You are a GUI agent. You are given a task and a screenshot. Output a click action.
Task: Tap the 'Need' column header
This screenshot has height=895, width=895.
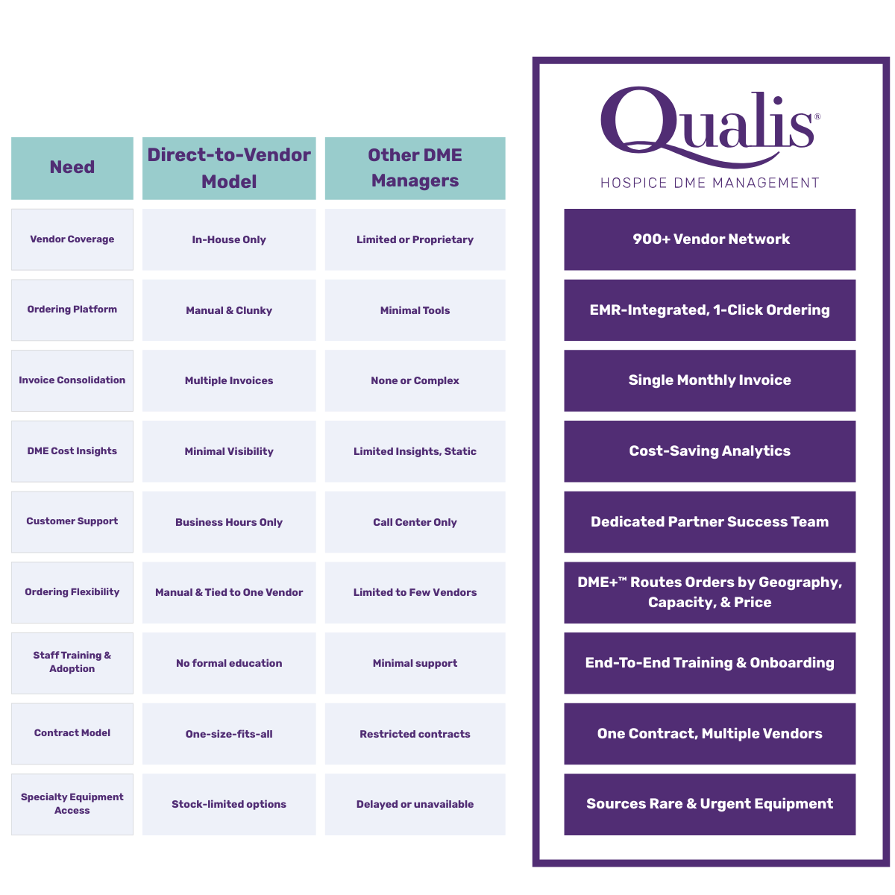[x=72, y=167]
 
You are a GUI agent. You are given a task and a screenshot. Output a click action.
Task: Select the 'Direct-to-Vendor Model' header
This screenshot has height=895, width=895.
[x=229, y=168]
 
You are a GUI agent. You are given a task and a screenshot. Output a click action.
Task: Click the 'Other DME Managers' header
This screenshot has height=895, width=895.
[x=415, y=168]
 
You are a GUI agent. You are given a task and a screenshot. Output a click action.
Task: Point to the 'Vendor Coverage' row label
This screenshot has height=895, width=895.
[x=72, y=239]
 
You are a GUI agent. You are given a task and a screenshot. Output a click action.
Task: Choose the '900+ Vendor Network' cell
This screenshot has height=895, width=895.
[x=710, y=239]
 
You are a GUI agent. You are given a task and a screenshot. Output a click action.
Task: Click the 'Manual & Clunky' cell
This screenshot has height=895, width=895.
[x=229, y=310]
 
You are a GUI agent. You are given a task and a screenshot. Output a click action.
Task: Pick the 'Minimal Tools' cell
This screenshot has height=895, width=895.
[x=415, y=310]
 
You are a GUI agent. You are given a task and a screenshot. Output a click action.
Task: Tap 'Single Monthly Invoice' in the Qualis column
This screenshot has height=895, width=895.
[x=710, y=380]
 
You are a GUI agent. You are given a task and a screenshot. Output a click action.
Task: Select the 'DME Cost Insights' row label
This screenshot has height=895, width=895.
[x=72, y=451]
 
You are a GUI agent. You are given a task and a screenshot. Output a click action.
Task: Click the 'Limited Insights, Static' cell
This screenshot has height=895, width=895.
[x=415, y=451]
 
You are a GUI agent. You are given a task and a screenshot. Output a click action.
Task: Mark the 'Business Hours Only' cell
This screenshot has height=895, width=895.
[x=229, y=522]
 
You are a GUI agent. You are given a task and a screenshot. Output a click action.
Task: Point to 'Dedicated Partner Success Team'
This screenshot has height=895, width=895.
[x=710, y=522]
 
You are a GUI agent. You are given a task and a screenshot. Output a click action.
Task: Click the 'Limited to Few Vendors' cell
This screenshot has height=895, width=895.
[x=415, y=592]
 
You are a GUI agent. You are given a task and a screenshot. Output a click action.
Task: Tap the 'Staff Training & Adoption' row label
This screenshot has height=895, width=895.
[x=72, y=662]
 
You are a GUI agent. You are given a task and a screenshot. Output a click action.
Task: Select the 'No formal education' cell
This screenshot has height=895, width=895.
[x=229, y=663]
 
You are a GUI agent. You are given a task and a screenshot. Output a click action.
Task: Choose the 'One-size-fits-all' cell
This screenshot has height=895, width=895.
[x=229, y=734]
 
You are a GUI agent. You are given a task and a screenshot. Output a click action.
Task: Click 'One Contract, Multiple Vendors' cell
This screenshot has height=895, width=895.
[x=710, y=734]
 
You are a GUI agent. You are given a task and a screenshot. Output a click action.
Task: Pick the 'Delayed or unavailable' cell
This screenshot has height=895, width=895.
[x=415, y=804]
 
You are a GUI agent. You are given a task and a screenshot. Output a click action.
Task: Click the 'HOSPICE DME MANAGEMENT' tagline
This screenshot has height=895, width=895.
[x=710, y=183]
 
